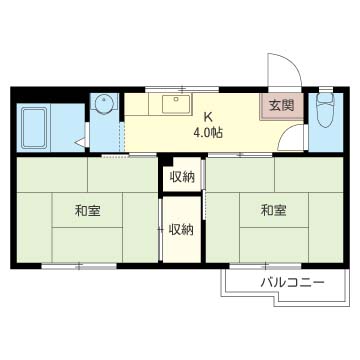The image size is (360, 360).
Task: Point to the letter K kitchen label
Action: [209, 114]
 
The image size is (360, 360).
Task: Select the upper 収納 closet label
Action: [181, 177]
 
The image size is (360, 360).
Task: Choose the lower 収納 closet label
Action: [181, 229]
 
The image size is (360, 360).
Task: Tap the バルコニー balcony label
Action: [292, 283]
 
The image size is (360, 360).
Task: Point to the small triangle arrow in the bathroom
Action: [78, 143]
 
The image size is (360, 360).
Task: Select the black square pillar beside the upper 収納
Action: [166, 159]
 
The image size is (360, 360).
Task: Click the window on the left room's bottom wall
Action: [81, 267]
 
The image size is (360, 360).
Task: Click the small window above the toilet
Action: [324, 89]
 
